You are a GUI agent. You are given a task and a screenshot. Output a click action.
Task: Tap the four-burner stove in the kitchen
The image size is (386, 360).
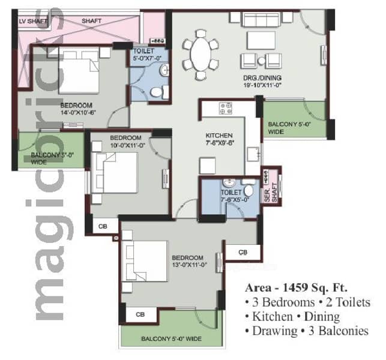pos(226,109)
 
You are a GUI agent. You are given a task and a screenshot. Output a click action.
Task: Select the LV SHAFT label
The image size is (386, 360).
pos(33,22)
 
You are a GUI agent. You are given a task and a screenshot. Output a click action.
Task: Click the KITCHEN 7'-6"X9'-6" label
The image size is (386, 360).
pos(219,139)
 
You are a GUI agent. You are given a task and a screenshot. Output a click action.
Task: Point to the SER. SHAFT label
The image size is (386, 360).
pos(271,192)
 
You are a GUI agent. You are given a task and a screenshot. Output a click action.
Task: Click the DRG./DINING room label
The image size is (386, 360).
pos(262,82)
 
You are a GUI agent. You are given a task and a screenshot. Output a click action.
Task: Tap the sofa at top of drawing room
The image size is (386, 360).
pos(261,19)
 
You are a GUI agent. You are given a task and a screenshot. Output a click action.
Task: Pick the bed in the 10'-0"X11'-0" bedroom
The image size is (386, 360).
pos(114,173)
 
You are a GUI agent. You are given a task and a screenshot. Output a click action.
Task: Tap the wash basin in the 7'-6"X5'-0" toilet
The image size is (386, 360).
pos(229,183)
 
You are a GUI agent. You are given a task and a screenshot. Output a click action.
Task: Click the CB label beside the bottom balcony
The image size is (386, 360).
pos(140,314)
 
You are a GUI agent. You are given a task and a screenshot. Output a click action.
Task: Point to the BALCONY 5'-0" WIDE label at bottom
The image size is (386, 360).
pos(171,339)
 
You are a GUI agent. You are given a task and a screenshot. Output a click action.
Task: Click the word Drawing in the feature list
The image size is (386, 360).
pos(275,331)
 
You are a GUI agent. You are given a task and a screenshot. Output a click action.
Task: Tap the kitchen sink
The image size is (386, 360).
pos(253,154)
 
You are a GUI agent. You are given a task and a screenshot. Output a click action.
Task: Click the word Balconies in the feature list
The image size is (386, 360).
pos(343,331)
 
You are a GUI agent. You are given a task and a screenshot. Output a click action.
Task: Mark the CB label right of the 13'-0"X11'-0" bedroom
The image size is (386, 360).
pos(243,252)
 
